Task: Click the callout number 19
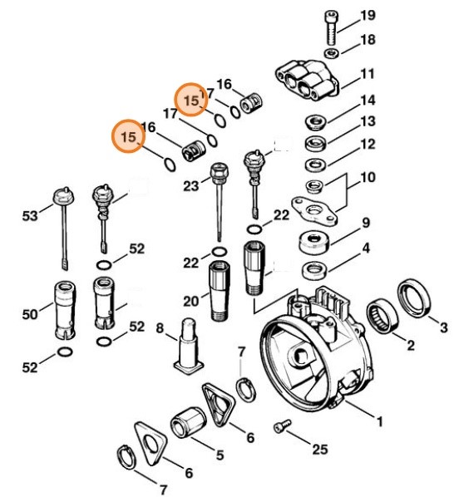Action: click(368, 16)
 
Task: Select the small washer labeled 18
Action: click(330, 54)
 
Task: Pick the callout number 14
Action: click(368, 101)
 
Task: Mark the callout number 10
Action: click(367, 177)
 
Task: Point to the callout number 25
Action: click(319, 450)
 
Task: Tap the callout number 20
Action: click(190, 301)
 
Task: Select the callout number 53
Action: click(31, 217)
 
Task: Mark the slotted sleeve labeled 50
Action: click(65, 312)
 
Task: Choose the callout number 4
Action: click(366, 248)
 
